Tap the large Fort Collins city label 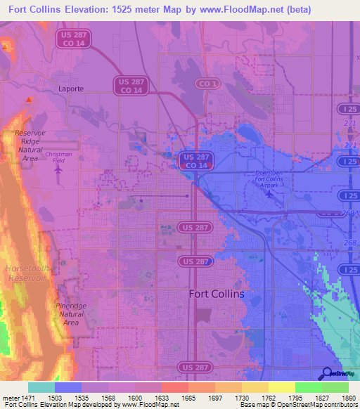point(217,294)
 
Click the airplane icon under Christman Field point(58,169)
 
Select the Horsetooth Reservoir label point(26,273)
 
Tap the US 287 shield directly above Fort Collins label point(195,261)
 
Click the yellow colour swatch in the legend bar point(281,387)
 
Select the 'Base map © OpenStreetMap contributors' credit point(298,405)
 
